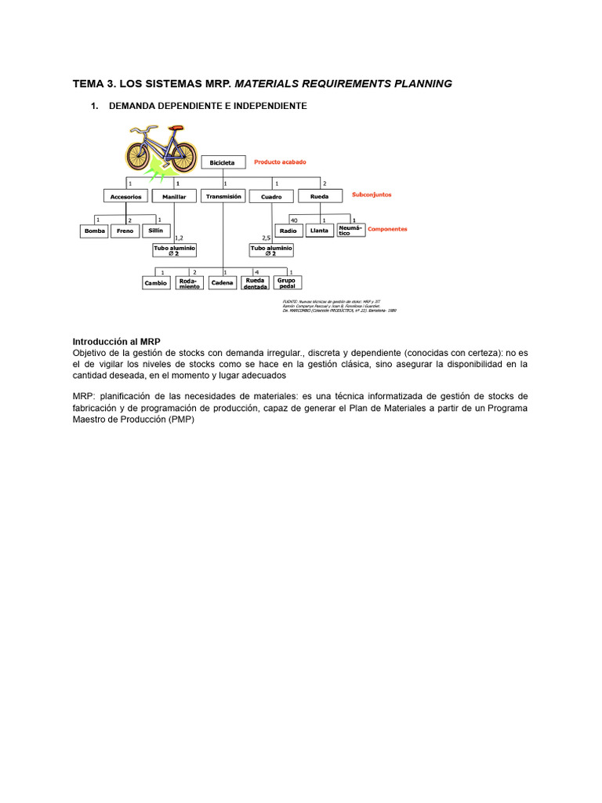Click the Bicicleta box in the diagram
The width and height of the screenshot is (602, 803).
pyautogui.click(x=222, y=162)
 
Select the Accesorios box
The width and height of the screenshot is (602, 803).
pyautogui.click(x=125, y=196)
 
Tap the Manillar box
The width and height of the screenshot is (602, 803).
pyautogui.click(x=174, y=196)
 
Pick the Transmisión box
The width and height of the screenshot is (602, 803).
pyautogui.click(x=223, y=196)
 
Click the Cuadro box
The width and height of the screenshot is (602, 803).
pyautogui.click(x=271, y=196)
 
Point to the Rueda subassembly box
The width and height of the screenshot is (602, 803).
pyautogui.click(x=320, y=196)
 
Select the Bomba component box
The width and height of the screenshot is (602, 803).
pyautogui.click(x=95, y=231)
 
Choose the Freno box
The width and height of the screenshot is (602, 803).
pyautogui.click(x=125, y=231)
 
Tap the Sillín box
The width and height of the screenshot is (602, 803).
pyautogui.click(x=156, y=231)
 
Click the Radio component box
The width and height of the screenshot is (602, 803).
pyautogui.click(x=288, y=231)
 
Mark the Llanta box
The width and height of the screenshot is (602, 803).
pyautogui.click(x=319, y=231)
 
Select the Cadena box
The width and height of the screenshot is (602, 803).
pyautogui.click(x=223, y=283)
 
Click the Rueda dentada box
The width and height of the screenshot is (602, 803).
pyautogui.click(x=255, y=283)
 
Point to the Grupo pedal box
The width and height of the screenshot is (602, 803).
pyautogui.click(x=288, y=282)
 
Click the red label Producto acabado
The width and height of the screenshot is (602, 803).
pyautogui.click(x=280, y=162)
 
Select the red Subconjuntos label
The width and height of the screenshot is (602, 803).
pyautogui.click(x=372, y=194)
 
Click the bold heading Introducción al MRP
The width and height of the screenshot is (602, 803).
pyautogui.click(x=116, y=342)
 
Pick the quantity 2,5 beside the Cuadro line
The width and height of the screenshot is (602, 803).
pyautogui.click(x=266, y=237)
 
